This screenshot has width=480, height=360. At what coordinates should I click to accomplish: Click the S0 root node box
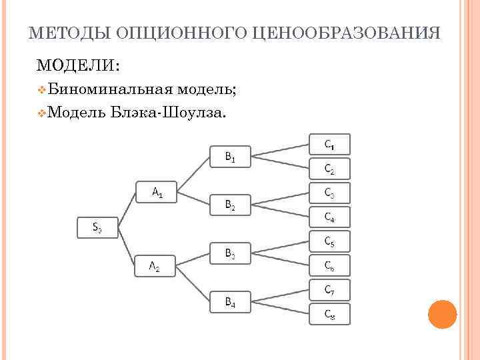(x=97, y=228)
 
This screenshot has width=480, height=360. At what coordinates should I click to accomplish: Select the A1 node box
(x=157, y=192)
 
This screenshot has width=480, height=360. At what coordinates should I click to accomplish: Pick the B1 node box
(x=230, y=157)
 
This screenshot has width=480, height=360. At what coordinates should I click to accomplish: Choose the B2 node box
(x=230, y=205)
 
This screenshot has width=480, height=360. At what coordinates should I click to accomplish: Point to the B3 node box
(x=230, y=253)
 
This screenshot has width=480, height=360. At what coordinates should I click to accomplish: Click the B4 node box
(x=230, y=302)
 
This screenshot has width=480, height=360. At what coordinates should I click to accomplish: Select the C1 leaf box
(x=330, y=144)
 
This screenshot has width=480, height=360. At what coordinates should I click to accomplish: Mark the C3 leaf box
(x=330, y=193)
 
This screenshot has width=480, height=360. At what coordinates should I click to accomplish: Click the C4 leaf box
(x=330, y=217)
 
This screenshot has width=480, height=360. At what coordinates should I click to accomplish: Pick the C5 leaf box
(x=330, y=241)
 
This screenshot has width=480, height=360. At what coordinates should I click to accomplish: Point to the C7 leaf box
(x=330, y=289)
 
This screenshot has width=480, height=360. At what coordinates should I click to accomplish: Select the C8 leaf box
(x=330, y=313)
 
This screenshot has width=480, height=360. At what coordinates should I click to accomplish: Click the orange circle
(x=441, y=314)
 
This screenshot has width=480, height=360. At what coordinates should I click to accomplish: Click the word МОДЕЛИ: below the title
(x=78, y=65)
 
